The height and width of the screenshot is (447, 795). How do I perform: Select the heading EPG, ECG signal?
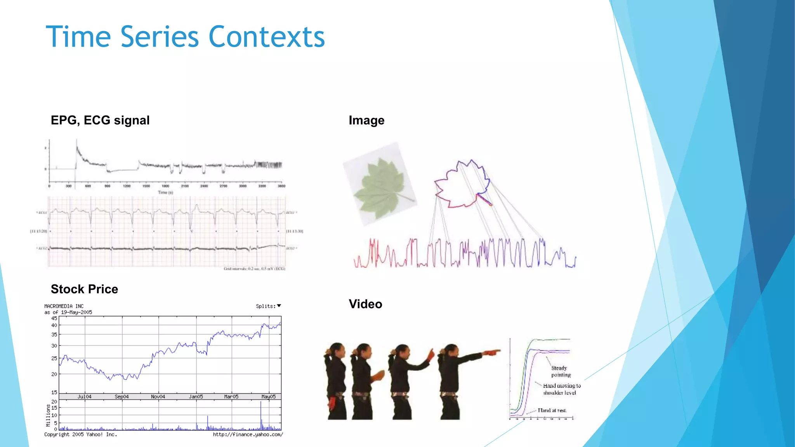(x=100, y=120)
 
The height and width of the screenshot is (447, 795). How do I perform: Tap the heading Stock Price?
(x=84, y=289)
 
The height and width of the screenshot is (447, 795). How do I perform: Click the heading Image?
(x=366, y=120)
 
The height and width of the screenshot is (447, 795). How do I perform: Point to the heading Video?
(x=365, y=304)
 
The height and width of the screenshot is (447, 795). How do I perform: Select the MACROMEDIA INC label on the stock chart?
(x=64, y=306)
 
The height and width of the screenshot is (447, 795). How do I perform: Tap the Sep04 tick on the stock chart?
(x=122, y=397)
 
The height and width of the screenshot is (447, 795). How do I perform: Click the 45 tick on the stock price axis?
(x=54, y=318)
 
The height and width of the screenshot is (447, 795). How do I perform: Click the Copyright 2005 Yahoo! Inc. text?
(x=80, y=435)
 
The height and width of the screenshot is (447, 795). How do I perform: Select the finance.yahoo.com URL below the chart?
(x=248, y=435)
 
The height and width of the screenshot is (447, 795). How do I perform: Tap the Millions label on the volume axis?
(x=48, y=415)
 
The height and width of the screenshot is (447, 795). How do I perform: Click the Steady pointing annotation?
(x=561, y=371)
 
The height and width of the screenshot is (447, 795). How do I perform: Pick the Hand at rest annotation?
(x=552, y=410)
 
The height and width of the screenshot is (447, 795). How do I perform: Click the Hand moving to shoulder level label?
(x=561, y=389)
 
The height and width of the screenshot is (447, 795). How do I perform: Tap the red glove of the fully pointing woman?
(x=493, y=352)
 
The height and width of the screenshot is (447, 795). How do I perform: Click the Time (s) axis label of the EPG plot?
(x=165, y=192)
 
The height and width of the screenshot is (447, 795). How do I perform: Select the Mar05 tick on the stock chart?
(x=231, y=397)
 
